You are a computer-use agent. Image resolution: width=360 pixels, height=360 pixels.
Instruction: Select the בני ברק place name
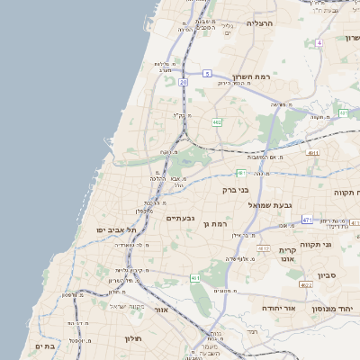coord(235,190)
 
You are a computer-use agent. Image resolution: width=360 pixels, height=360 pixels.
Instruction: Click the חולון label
coord(133,338)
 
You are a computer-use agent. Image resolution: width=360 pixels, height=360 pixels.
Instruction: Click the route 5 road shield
coord(207,73)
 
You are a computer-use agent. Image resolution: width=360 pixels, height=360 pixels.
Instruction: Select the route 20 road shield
coord(183,82)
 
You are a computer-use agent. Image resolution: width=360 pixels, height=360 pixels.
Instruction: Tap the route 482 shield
coord(217,121)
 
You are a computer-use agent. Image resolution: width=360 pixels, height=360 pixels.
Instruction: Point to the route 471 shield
coord(307,220)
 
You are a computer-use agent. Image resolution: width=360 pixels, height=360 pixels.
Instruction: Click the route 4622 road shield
coord(306,285)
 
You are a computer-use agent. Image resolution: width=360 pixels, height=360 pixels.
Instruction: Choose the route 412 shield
coord(263,247)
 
